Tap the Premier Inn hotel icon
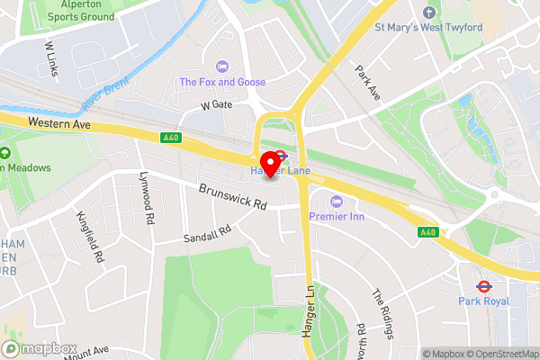point(337,201)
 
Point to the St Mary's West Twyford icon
point(428,12)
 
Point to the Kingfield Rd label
point(94,237)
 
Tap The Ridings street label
point(383,313)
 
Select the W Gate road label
point(216,106)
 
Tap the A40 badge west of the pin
point(172,137)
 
